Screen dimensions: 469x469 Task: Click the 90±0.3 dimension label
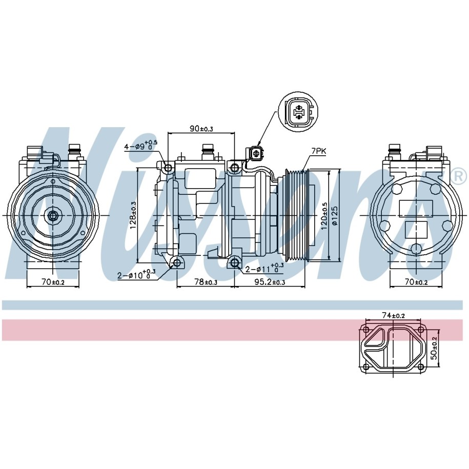[x=201, y=129]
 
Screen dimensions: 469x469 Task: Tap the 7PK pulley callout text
[x=319, y=151]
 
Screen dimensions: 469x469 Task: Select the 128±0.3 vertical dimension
[x=133, y=215]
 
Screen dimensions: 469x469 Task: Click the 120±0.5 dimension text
[x=324, y=216]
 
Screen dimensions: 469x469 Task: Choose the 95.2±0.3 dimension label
[x=270, y=282]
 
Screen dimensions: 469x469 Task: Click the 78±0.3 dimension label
[x=206, y=282]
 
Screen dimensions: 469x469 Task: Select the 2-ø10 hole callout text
[x=136, y=274]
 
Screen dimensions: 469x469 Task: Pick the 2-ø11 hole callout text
[x=264, y=268]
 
